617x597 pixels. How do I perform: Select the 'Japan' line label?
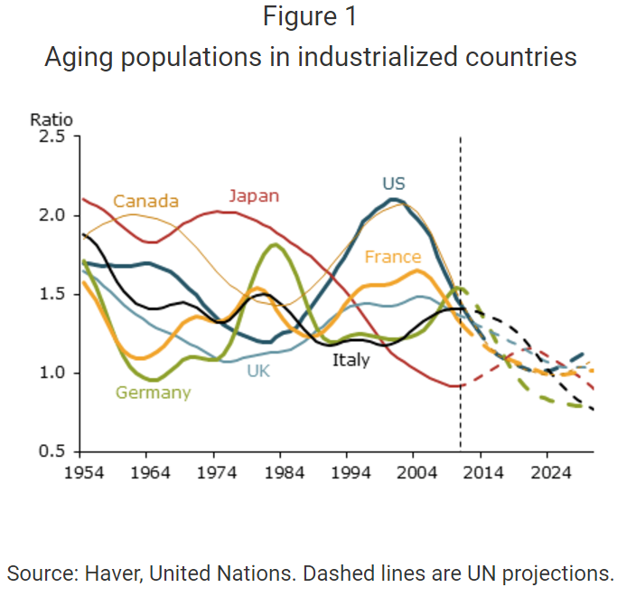pyautogui.click(x=254, y=196)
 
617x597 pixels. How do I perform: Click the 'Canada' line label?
pyautogui.click(x=145, y=201)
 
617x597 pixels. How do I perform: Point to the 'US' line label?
pyautogui.click(x=393, y=184)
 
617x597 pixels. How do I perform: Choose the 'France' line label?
pyautogui.click(x=393, y=257)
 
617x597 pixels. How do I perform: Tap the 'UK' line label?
pyautogui.click(x=259, y=370)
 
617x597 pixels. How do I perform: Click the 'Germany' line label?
pyautogui.click(x=153, y=393)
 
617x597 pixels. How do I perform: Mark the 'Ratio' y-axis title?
pyautogui.click(x=51, y=119)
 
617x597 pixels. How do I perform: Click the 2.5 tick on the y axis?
pyautogui.click(x=51, y=137)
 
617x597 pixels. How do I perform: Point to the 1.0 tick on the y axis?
pyautogui.click(x=51, y=373)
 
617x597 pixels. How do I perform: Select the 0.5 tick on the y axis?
pyautogui.click(x=51, y=451)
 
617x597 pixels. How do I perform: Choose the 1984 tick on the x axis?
pyautogui.click(x=280, y=471)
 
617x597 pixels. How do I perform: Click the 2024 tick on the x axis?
pyautogui.click(x=547, y=471)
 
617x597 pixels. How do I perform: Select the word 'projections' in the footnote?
pyautogui.click(x=555, y=573)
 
